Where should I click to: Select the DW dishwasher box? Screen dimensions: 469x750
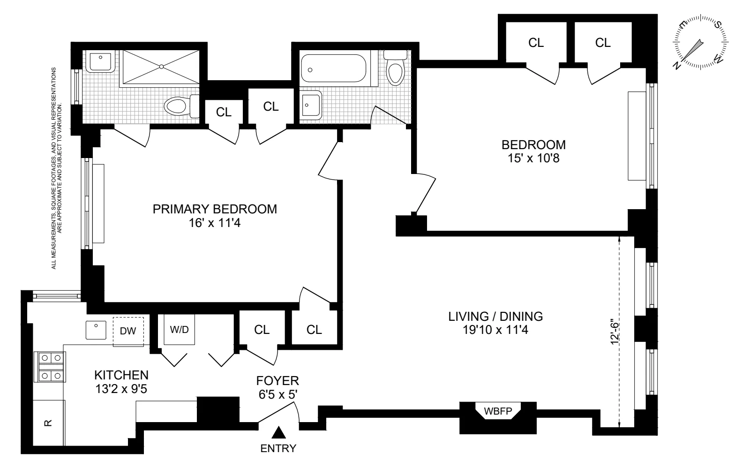point(128,331)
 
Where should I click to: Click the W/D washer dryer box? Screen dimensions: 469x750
point(179,330)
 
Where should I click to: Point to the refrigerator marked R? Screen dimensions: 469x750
point(48,423)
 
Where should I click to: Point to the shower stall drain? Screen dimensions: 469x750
point(162,67)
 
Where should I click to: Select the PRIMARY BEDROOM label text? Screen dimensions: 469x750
point(215,209)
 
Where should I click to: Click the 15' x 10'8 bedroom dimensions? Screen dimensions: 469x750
point(533,158)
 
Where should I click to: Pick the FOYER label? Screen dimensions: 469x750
point(277,381)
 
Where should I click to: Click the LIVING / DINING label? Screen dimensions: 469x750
point(495,317)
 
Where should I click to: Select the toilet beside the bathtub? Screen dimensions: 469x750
point(395,70)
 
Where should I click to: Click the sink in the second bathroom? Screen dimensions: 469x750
point(310,104)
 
